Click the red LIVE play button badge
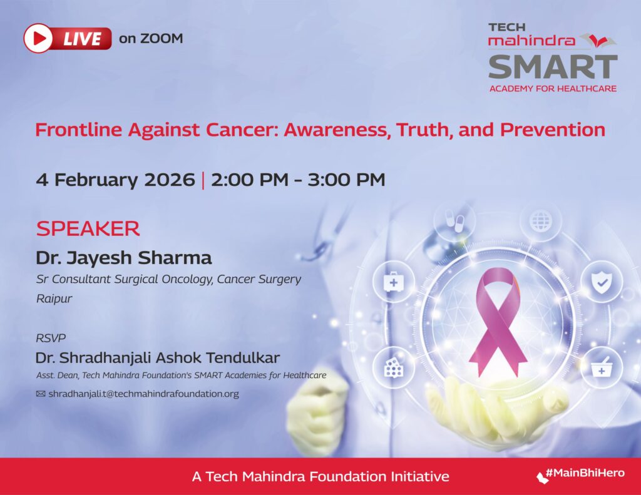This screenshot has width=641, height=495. (68, 39)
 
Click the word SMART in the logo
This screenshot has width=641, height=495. (553, 66)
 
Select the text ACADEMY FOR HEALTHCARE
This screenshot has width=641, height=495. (553, 88)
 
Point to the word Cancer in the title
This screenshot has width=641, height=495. (241, 130)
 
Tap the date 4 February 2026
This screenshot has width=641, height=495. (115, 180)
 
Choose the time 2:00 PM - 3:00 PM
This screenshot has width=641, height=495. (298, 180)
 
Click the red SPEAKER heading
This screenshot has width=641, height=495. (88, 228)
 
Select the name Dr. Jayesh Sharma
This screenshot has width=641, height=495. (124, 258)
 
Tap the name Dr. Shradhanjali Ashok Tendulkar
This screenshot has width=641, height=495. (158, 359)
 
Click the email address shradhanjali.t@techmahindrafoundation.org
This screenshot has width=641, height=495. (143, 394)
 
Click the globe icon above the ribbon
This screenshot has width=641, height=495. (540, 220)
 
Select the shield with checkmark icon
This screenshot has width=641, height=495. (601, 282)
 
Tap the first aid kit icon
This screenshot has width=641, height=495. (393, 282)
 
